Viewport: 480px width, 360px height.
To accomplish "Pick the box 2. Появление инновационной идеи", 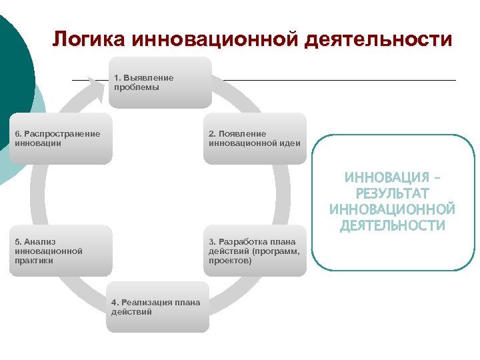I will point(255,139).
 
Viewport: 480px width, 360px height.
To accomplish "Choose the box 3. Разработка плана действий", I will point(255,251).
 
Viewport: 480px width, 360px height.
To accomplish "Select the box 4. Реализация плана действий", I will point(157,307).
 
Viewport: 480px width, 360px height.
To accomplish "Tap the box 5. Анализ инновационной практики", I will point(61,251).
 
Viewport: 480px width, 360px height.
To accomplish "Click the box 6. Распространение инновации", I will point(61,139).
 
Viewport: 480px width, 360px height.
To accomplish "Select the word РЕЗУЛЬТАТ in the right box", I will point(392,194).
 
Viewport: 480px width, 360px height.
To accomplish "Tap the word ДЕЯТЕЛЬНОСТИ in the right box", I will point(392,225).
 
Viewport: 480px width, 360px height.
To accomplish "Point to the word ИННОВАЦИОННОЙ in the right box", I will point(392,209).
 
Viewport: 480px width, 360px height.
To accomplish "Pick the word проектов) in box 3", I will point(231,261).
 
